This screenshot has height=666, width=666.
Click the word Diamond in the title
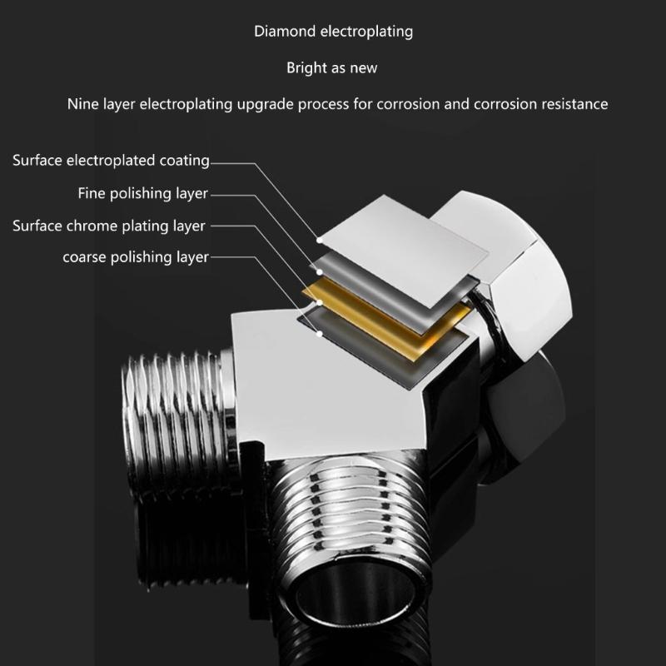tap(282, 32)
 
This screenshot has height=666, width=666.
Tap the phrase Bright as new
tap(332, 67)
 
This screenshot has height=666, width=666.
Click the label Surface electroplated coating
tap(111, 160)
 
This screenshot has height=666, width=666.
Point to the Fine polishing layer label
tap(142, 193)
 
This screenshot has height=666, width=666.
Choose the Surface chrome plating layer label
tap(108, 226)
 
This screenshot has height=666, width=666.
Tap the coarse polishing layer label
tap(136, 256)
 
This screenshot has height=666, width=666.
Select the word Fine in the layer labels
tap(92, 193)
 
